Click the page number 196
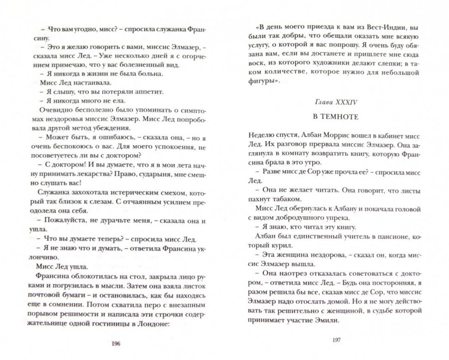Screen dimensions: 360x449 (116, 343)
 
